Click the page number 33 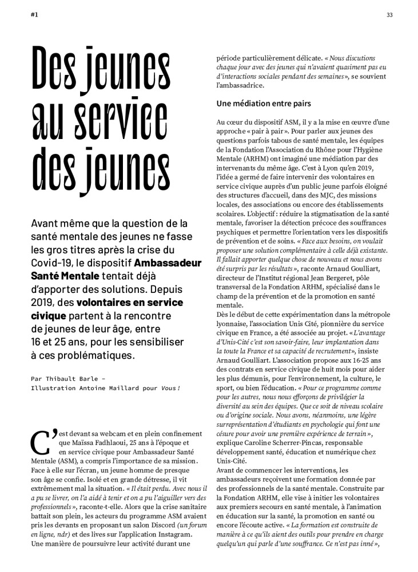click(389, 15)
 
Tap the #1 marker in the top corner click(34, 15)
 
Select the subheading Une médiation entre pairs click(264, 104)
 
